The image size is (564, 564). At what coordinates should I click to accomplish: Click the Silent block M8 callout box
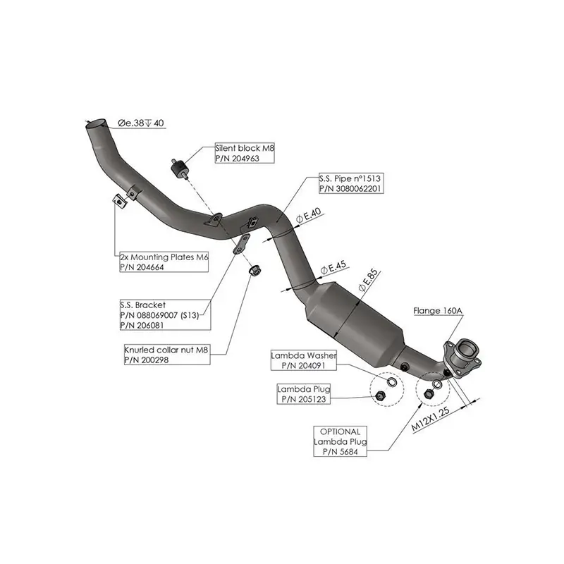pyautogui.click(x=245, y=153)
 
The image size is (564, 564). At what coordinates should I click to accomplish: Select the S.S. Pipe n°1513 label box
pyautogui.click(x=351, y=183)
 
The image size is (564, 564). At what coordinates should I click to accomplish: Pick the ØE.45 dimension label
pyautogui.click(x=333, y=267)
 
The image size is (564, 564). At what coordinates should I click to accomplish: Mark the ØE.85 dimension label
pyautogui.click(x=368, y=280)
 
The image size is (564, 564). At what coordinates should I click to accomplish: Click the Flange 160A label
pyautogui.click(x=438, y=310)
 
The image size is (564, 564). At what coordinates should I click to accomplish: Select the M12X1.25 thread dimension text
pyautogui.click(x=430, y=419)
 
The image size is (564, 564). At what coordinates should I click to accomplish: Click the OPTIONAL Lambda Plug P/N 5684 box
pyautogui.click(x=341, y=441)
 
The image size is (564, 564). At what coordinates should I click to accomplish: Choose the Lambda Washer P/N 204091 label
pyautogui.click(x=304, y=360)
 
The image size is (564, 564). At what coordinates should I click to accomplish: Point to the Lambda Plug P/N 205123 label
pyautogui.click(x=304, y=394)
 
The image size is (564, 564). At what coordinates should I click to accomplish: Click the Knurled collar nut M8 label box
pyautogui.click(x=167, y=355)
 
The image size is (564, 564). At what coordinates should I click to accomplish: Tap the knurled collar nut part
pyautogui.click(x=255, y=270)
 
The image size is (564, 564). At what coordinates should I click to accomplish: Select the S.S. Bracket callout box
pyautogui.click(x=165, y=315)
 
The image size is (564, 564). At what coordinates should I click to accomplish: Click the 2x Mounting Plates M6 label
pyautogui.click(x=164, y=262)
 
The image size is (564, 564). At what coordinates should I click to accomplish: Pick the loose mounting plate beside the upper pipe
pyautogui.click(x=120, y=202)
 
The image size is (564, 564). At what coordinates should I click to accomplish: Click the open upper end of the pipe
pyautogui.click(x=97, y=123)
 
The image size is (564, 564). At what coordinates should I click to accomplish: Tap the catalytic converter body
pyautogui.click(x=355, y=320)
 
